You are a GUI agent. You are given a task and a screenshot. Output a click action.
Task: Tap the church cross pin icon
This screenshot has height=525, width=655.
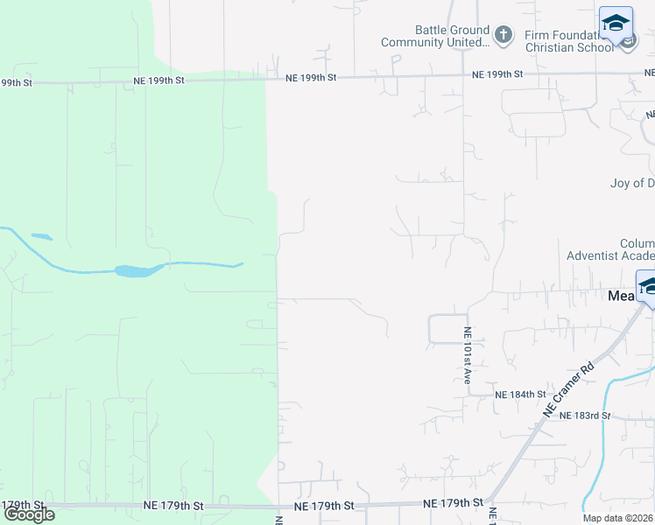coord(503,36)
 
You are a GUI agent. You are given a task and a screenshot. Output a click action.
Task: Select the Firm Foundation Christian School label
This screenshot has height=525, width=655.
coord(569,41)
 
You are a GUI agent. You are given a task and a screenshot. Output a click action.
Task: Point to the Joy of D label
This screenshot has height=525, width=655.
coord(631,184)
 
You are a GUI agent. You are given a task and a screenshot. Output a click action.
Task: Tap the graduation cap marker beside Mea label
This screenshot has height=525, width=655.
coord(647,286)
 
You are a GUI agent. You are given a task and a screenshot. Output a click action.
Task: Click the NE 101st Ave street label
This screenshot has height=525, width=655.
coord(468,356)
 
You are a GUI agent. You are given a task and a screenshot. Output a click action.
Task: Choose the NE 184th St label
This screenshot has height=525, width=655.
coord(520,395)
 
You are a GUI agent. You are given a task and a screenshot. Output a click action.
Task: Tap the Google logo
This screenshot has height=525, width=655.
coord(29,514)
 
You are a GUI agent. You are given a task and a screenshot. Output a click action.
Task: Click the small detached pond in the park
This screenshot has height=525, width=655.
coord(41,236)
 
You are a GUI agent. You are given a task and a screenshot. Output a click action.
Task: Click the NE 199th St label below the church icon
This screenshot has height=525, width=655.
coord(497,75)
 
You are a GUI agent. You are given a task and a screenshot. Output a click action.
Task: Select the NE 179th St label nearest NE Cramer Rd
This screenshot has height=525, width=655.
coord(453,503)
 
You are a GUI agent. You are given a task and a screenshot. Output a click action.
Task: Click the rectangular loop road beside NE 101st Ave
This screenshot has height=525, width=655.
coord(447,329)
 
